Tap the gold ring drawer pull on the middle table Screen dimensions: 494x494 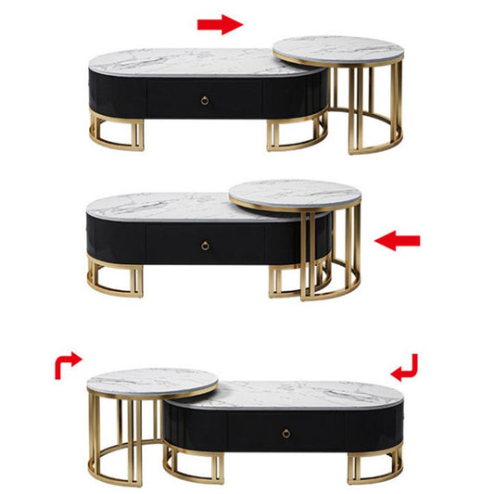[x=204, y=245]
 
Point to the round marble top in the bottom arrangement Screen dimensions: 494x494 [x=152, y=381]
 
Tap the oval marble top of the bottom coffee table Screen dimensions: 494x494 [x=306, y=394]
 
